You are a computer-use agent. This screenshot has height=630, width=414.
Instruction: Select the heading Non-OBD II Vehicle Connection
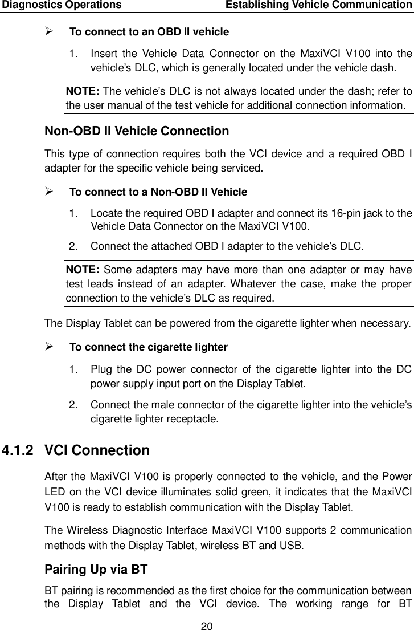tap(137, 132)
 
